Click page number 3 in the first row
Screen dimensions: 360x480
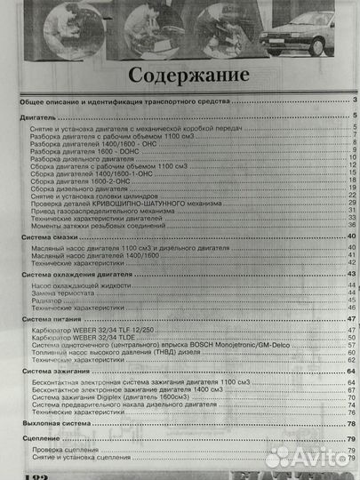354,103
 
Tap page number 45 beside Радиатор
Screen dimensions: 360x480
352,300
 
